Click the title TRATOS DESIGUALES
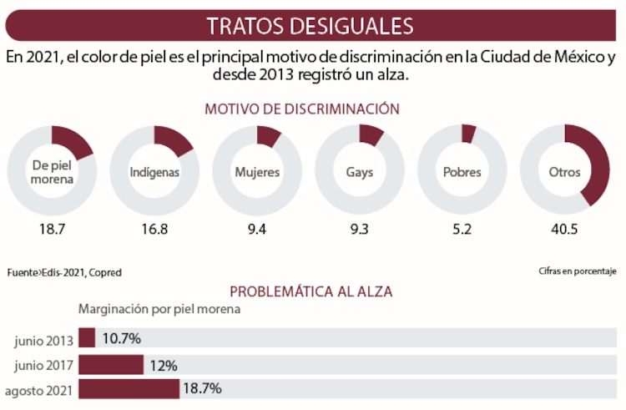tap(310, 26)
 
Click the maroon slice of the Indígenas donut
tap(175, 139)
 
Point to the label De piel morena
tap(52, 172)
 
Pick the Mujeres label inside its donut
tap(257, 173)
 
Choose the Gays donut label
tap(360, 173)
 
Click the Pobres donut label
tap(462, 173)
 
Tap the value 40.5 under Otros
tap(565, 230)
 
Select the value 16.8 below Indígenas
tap(154, 230)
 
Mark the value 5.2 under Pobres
tap(462, 230)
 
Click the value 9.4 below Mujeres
tap(257, 230)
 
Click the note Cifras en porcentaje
tap(577, 271)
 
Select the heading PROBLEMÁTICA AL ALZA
tap(310, 291)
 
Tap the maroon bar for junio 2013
tap(87, 338)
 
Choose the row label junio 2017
tap(43, 364)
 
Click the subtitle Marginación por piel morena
tap(159, 309)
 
